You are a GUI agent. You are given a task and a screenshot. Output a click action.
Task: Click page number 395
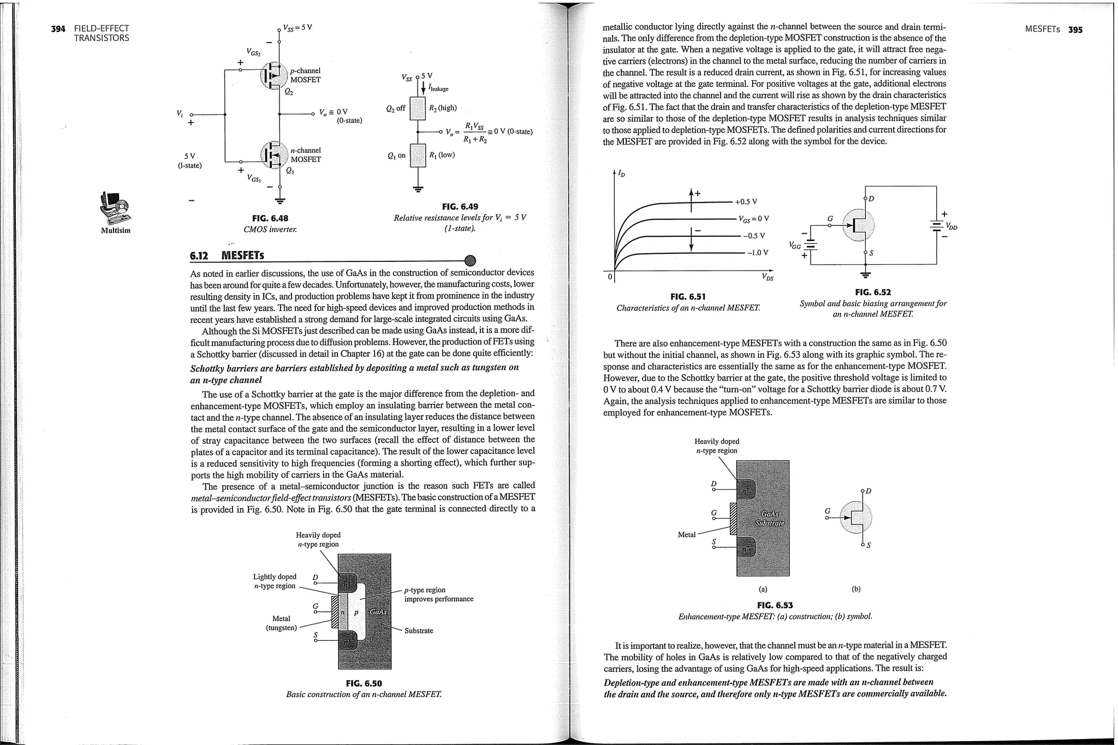point(1075,29)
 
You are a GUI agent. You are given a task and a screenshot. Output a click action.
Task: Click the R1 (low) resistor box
point(418,156)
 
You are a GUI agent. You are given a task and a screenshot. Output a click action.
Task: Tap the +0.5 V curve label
point(746,202)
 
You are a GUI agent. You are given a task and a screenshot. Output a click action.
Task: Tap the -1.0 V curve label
point(757,253)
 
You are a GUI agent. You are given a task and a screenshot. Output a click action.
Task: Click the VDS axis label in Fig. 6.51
point(768,278)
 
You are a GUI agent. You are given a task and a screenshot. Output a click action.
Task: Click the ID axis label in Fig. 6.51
point(622,174)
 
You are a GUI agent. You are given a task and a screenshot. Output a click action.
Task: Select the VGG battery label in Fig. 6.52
point(795,246)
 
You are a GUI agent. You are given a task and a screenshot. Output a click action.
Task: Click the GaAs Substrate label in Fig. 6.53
point(770,518)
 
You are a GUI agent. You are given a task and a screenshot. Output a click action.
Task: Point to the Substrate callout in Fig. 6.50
point(418,631)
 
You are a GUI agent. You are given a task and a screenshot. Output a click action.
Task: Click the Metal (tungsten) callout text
point(281,623)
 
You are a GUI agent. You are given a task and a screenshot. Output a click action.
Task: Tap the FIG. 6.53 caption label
point(775,605)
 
